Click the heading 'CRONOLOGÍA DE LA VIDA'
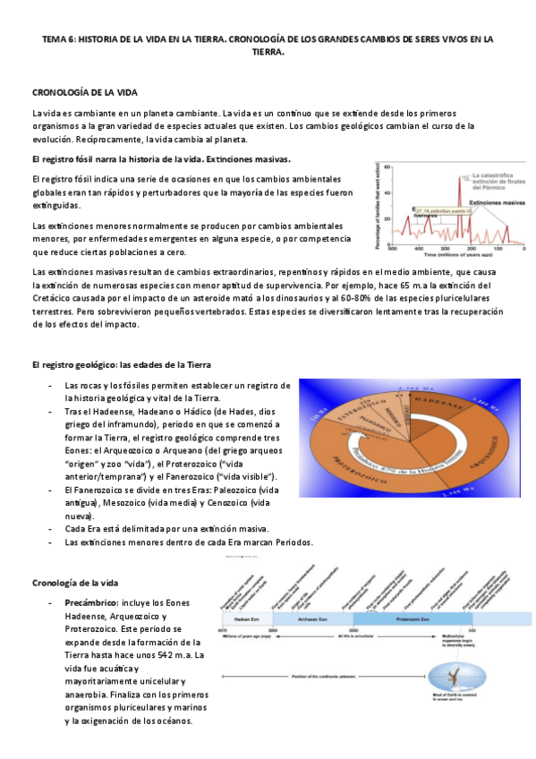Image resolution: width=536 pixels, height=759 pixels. [x=84, y=92]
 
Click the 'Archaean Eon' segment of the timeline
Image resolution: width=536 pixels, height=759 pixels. [x=312, y=618]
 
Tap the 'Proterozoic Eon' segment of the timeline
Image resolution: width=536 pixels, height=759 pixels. [x=412, y=618]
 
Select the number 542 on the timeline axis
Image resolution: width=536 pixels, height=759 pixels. [x=471, y=630]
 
